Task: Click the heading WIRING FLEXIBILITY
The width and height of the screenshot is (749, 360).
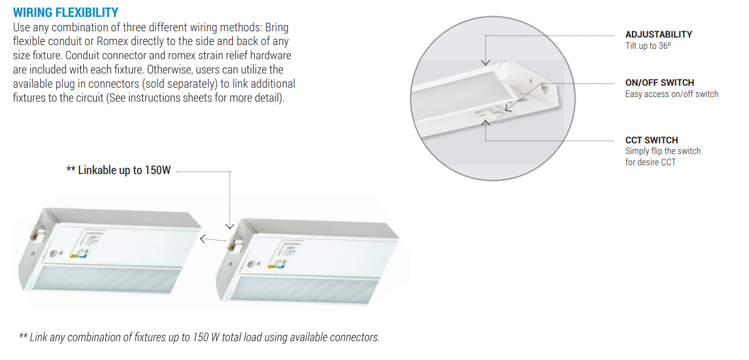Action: [x=65, y=12]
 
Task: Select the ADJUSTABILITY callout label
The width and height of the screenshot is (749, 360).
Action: [x=658, y=34]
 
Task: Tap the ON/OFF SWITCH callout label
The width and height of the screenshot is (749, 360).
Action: [x=659, y=83]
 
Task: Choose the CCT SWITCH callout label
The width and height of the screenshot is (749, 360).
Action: [x=651, y=140]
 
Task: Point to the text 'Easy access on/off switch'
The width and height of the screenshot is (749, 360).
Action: [x=671, y=94]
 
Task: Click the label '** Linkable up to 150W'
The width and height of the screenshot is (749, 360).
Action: [x=118, y=170]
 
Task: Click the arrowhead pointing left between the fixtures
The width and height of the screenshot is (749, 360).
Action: [x=203, y=239]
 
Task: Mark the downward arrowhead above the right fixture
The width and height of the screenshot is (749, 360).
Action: [x=230, y=226]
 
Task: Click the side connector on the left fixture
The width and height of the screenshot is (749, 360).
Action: [x=36, y=232]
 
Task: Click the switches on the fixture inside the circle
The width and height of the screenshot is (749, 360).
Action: [x=491, y=113]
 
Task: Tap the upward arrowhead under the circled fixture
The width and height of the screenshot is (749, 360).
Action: [x=486, y=123]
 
